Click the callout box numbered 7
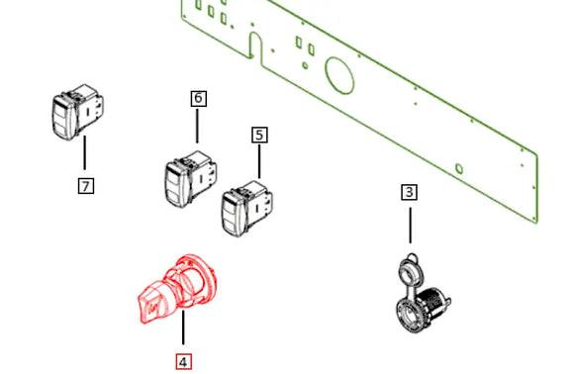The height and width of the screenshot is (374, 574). pos(86,186)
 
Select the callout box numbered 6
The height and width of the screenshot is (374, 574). pos(198,98)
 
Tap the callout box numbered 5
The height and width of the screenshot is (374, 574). pos(259,135)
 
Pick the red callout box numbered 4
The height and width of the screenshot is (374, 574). pos(183,362)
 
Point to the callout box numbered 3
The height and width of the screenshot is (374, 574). pos(410,192)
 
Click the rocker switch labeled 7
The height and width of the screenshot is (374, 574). pos(77,112)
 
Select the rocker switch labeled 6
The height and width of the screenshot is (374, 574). pos(190,178)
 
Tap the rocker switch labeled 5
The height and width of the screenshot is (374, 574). pos(247,209)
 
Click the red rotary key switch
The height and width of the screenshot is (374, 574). pos(177,289)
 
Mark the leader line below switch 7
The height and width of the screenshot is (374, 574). pos(85,152)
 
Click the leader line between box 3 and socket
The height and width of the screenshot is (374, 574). pos(410,226)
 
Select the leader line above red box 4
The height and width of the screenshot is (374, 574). pos(183,327)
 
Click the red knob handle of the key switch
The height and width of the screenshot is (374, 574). pos(154,303)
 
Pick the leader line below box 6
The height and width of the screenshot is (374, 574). pos(197,126)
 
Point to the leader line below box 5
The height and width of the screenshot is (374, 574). pos(259,161)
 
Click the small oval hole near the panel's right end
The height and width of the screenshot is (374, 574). pos(459,169)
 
